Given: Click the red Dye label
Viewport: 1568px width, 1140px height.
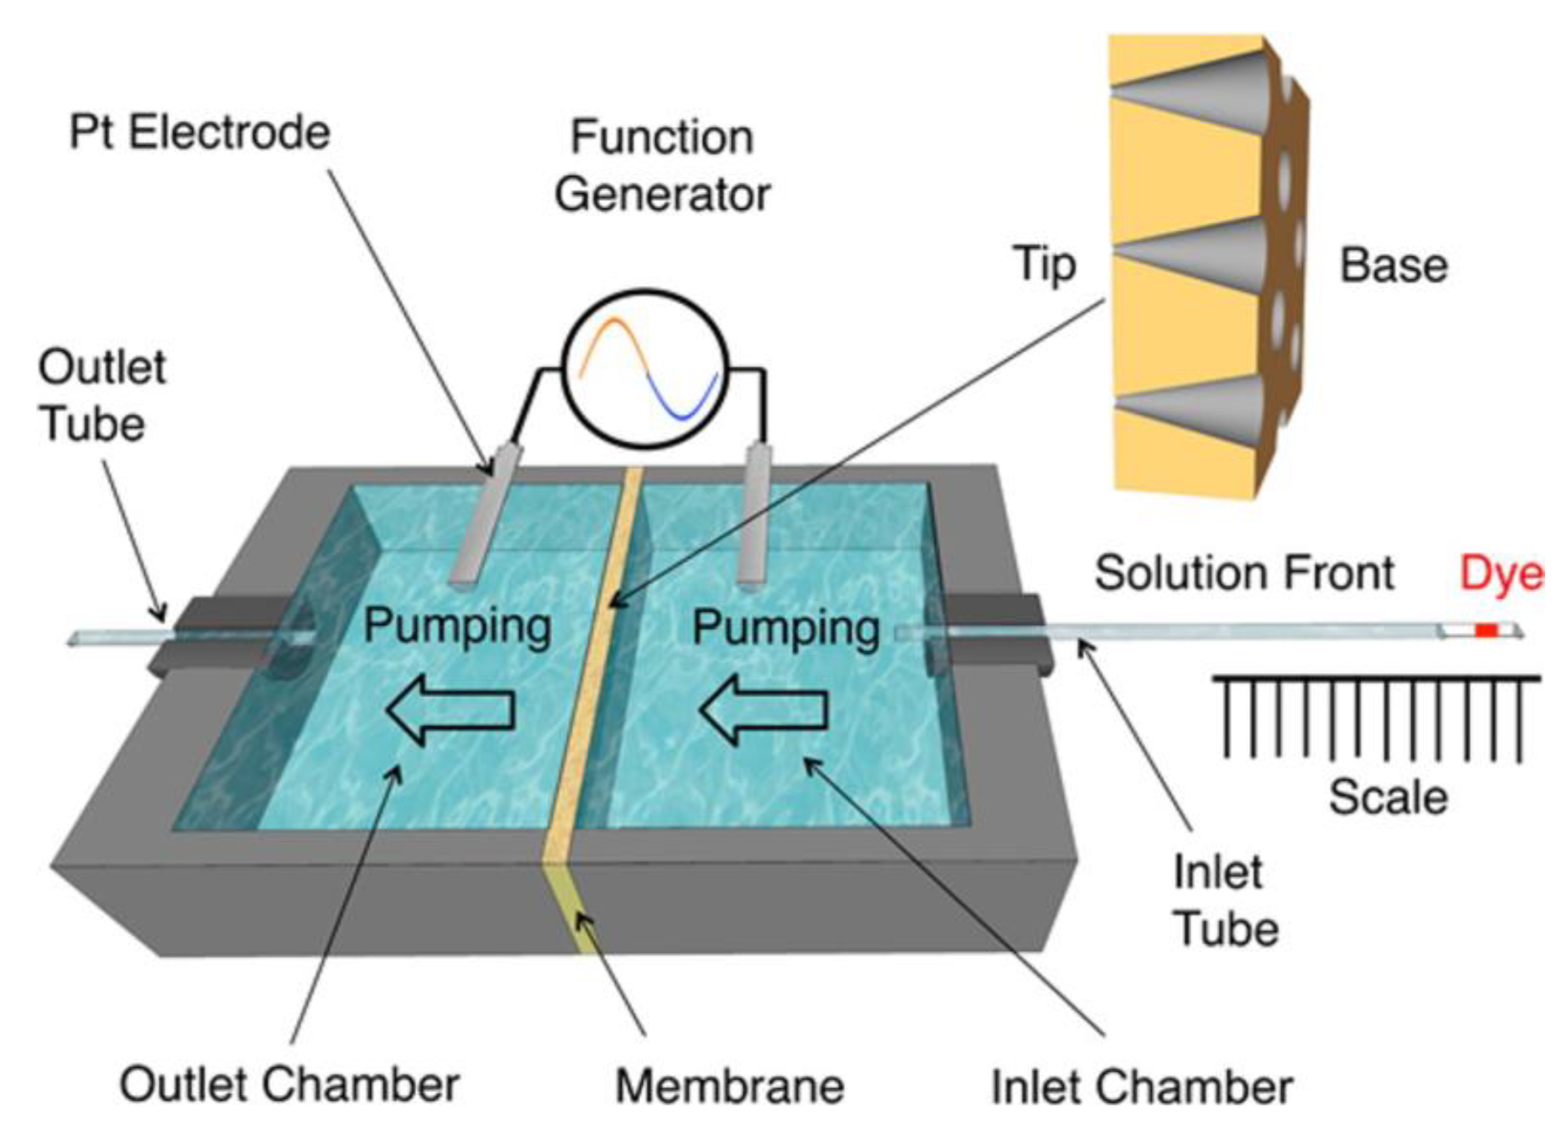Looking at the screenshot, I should (x=1500, y=575).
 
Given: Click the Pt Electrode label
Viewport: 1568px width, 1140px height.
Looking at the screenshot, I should (x=200, y=133).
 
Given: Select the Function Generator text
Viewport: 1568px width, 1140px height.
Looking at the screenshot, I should (x=662, y=166).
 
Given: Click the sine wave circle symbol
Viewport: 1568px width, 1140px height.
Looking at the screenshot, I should (x=644, y=369).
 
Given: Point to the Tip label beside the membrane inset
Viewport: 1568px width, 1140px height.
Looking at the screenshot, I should (x=1045, y=265).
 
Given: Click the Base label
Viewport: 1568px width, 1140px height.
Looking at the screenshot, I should (x=1393, y=266).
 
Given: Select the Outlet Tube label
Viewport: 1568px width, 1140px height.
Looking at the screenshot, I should (x=101, y=396).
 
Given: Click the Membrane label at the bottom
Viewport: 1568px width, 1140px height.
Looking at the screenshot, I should (x=729, y=1086).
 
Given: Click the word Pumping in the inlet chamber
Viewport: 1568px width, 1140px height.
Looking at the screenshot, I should (x=786, y=628).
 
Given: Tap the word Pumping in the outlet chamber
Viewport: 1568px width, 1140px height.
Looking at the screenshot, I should (x=457, y=626).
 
